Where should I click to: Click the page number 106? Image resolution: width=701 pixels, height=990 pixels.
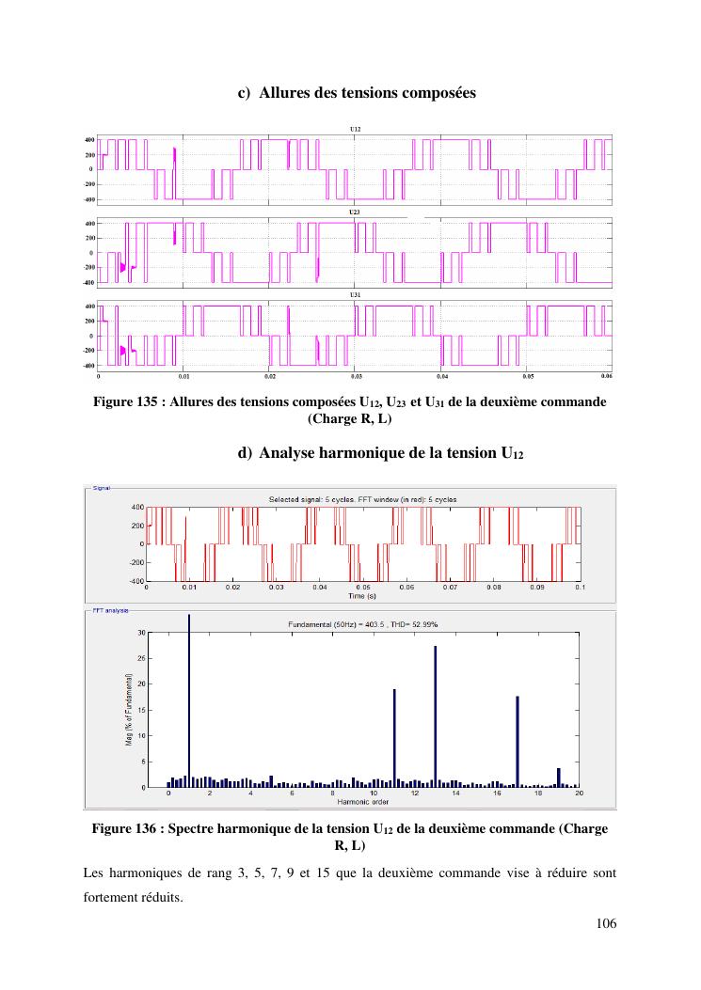tap(606, 924)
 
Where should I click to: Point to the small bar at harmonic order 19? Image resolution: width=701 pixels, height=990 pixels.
tap(559, 778)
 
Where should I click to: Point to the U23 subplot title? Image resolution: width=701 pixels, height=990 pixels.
tap(355, 212)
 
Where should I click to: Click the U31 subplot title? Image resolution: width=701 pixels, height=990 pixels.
tap(355, 295)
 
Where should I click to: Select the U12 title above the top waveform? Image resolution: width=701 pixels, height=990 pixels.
tap(355, 128)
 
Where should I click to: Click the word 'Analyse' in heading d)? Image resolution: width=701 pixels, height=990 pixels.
tap(292, 452)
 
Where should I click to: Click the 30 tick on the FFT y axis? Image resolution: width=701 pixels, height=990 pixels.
tap(141, 633)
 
